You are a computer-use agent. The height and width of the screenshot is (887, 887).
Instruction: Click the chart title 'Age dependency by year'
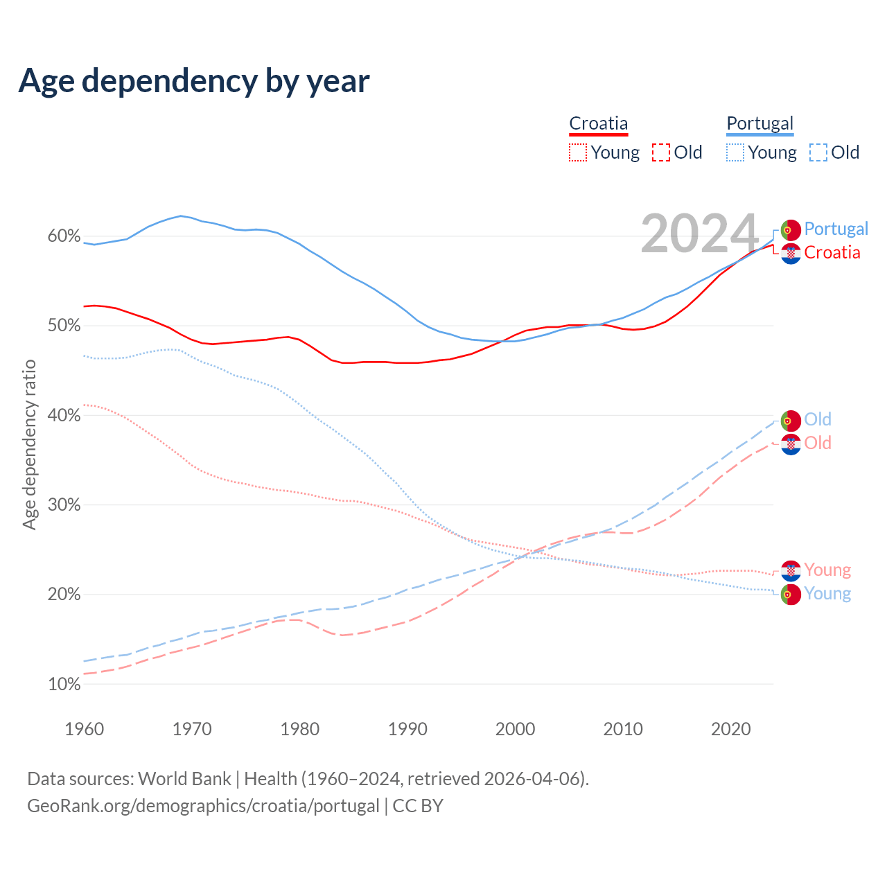tap(194, 81)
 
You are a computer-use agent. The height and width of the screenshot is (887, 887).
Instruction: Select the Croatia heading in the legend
tap(598, 123)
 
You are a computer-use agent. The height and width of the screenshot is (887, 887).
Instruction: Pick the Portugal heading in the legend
tap(759, 123)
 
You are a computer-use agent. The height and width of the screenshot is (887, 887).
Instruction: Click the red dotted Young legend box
tap(578, 152)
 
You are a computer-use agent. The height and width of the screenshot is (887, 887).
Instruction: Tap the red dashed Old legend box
tap(661, 152)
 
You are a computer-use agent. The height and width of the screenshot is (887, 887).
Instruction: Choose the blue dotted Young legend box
tap(735, 152)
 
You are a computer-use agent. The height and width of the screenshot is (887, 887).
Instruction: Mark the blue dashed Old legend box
tap(818, 152)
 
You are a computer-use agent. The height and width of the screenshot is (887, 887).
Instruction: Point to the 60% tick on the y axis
tap(64, 236)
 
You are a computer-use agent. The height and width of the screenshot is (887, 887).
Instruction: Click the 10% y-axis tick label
tap(64, 685)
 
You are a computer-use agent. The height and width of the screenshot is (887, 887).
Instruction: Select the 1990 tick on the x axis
tap(407, 729)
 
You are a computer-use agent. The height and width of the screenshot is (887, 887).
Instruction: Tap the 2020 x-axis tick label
tap(730, 729)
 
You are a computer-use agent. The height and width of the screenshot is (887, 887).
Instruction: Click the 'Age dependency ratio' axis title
tap(29, 444)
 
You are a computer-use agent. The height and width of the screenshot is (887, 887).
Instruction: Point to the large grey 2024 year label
tap(700, 234)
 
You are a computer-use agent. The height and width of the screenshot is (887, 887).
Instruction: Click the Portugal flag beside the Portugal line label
tap(791, 229)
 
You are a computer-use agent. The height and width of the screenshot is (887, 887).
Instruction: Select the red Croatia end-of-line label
tap(832, 253)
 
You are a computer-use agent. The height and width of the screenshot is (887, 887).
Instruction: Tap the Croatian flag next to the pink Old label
tap(791, 444)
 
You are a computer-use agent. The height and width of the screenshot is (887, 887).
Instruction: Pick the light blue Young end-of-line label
tap(827, 594)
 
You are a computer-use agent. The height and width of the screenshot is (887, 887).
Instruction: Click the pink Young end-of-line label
tap(827, 570)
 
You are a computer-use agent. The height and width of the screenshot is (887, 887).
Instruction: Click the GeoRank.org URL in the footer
tap(203, 806)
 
